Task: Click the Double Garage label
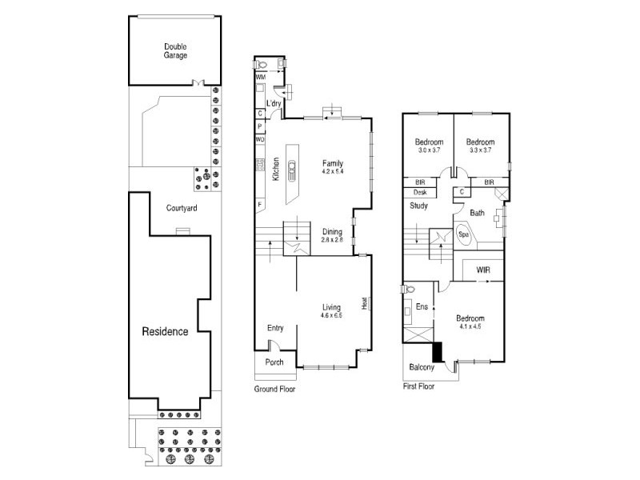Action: pos(175,51)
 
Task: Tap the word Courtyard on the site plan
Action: pos(182,208)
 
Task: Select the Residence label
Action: pos(165,331)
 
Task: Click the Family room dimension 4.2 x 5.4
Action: pos(333,171)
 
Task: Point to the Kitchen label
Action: pos(276,169)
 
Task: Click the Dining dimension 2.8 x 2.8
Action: pos(332,239)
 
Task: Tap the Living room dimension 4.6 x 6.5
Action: pos(331,315)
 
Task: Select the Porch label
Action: pos(274,362)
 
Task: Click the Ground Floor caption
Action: pos(274,389)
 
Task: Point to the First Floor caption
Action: pos(418,386)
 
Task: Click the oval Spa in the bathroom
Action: pos(464,234)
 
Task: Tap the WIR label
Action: pos(483,270)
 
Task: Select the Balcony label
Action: pos(422,367)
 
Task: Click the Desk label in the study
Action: pos(420,192)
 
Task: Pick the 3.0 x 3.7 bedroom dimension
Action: pos(429,150)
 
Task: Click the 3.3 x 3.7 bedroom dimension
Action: pos(481,150)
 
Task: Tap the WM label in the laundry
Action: pos(261,77)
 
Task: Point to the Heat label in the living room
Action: pos(365,303)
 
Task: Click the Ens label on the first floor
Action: pos(422,306)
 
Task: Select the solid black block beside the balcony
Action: pos(438,352)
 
